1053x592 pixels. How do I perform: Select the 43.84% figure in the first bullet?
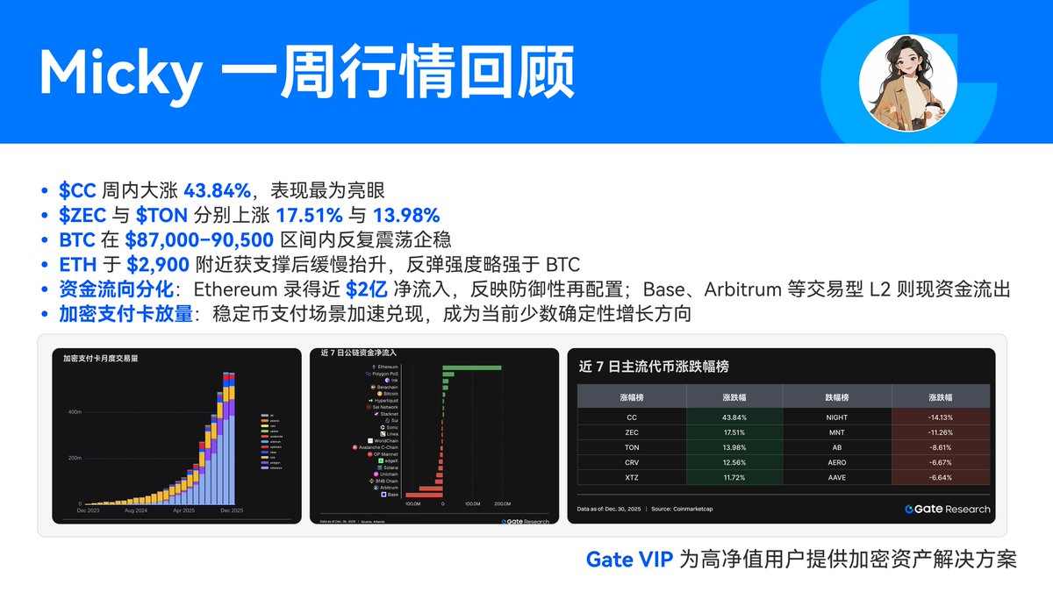[x=218, y=190]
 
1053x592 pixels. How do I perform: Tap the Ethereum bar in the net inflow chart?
[x=472, y=367]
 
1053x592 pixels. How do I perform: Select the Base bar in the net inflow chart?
[x=424, y=495]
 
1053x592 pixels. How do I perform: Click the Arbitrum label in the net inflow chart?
[x=388, y=488]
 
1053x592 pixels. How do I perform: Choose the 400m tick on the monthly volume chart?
[x=74, y=411]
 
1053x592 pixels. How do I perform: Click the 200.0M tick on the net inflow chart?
[x=502, y=504]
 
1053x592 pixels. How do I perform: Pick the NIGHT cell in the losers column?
[x=838, y=417]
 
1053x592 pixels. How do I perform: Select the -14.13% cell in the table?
[x=940, y=417]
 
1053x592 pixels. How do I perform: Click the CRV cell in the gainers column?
[x=632, y=462]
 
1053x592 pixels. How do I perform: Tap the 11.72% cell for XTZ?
[x=734, y=477]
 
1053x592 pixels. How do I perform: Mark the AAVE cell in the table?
[x=838, y=477]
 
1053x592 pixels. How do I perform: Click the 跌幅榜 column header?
[x=838, y=396]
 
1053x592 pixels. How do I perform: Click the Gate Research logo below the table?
[x=948, y=509]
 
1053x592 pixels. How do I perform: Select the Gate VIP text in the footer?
[x=629, y=560]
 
